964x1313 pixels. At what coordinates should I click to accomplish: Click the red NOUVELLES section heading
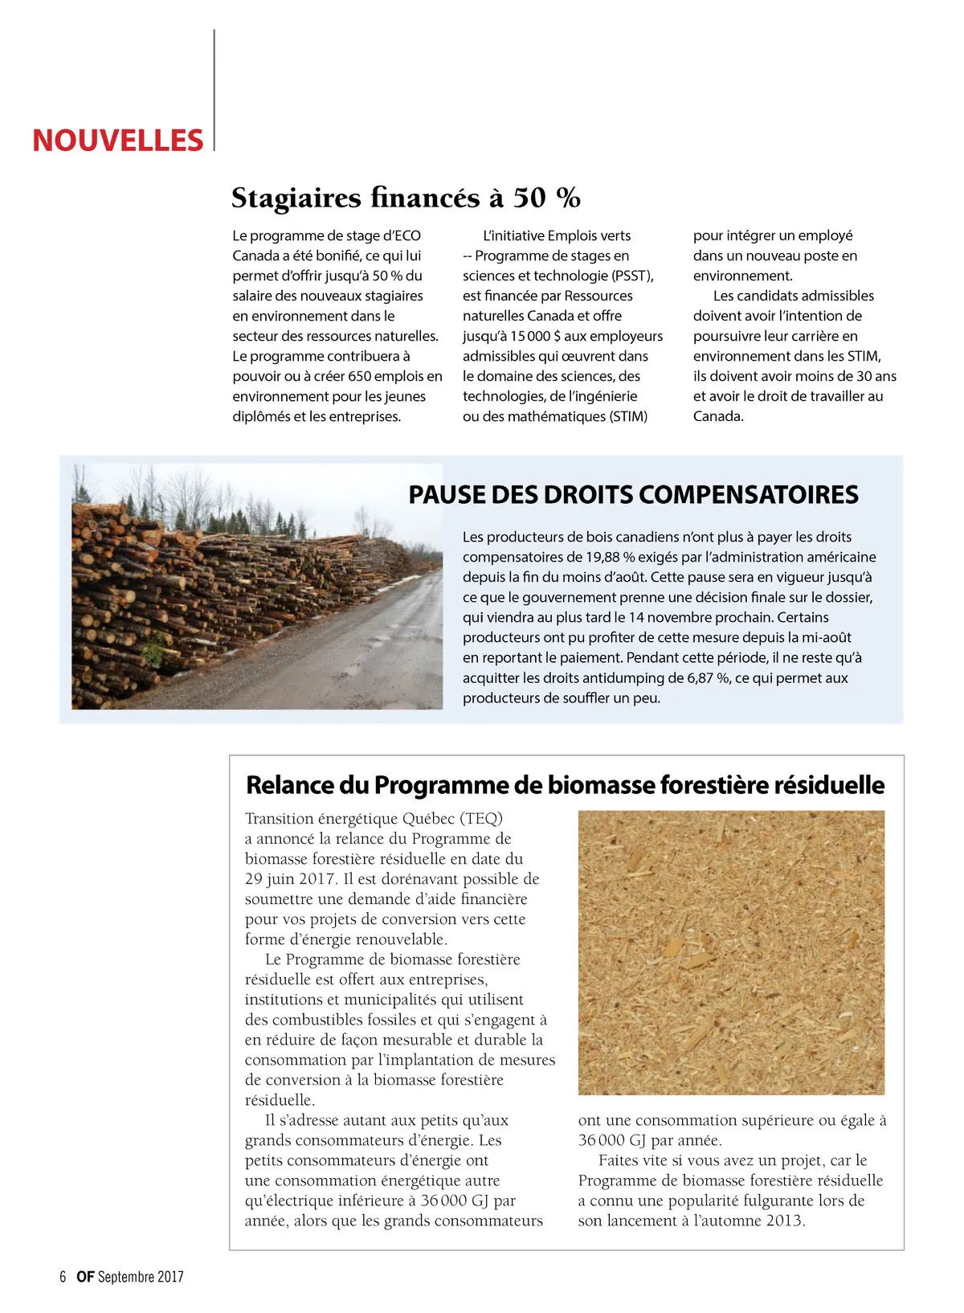click(x=117, y=141)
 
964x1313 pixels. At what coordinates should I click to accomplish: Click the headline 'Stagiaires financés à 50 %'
click(x=406, y=198)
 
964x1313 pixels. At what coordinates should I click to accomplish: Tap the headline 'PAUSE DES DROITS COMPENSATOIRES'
click(x=633, y=495)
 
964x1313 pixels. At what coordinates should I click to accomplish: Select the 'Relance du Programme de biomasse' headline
click(x=565, y=785)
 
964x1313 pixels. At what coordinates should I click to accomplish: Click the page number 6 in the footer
click(x=63, y=1276)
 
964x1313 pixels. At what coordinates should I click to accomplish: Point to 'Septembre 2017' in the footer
click(x=141, y=1276)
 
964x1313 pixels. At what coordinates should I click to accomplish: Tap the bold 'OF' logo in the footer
click(x=85, y=1276)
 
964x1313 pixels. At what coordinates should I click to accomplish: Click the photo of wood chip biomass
click(x=731, y=952)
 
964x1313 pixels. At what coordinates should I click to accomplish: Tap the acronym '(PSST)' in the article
click(x=632, y=276)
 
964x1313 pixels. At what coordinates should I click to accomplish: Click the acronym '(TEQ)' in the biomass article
click(x=481, y=818)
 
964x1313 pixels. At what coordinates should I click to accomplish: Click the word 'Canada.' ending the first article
click(x=718, y=416)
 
